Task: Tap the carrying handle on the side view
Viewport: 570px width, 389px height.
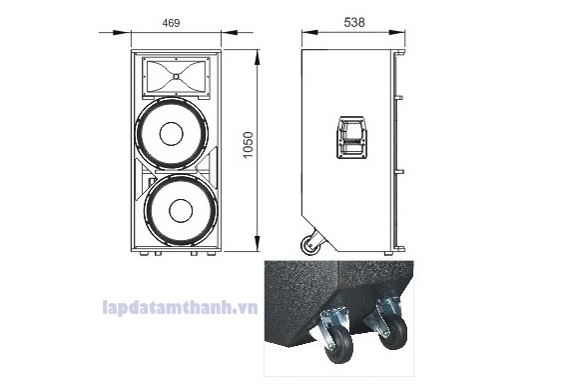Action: point(351,138)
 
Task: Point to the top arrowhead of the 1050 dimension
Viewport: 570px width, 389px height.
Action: point(259,52)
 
